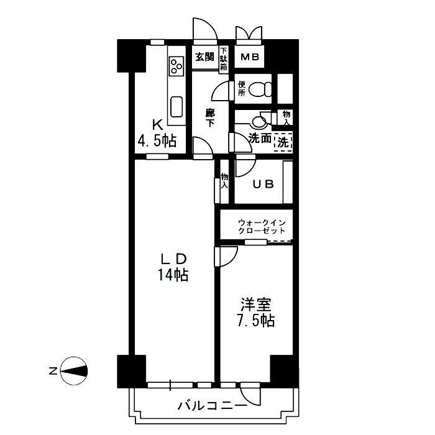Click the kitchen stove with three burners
[176, 66]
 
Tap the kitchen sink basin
[176, 107]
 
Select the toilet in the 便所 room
[260, 89]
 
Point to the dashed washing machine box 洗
[283, 142]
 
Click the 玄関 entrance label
[204, 57]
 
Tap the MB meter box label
[249, 57]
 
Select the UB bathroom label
[263, 184]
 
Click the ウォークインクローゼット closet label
[262, 227]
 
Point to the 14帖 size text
[173, 275]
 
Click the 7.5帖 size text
[256, 321]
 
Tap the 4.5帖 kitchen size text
[157, 140]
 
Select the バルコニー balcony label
[213, 406]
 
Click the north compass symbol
[74, 370]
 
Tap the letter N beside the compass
[52, 371]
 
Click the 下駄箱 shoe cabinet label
[224, 59]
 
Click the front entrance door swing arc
[205, 29]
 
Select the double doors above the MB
[249, 34]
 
